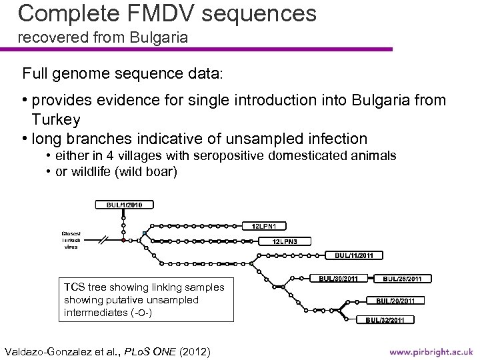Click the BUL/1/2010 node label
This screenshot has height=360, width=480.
point(125,204)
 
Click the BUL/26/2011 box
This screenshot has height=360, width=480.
point(406,278)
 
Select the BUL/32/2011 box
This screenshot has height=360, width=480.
point(385,320)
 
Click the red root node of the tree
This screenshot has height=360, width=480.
point(123,239)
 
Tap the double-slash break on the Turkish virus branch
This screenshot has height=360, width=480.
point(104,239)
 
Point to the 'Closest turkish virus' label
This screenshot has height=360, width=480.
point(71,240)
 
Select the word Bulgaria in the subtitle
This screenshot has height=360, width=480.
point(161,38)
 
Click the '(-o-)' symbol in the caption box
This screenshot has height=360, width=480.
point(139,312)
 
